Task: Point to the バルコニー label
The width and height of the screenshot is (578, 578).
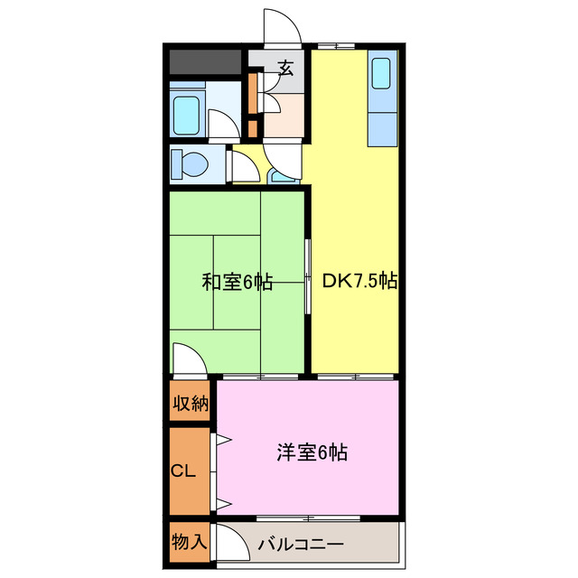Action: click(300, 545)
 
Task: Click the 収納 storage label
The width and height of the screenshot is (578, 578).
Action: click(191, 403)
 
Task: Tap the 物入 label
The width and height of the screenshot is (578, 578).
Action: click(190, 543)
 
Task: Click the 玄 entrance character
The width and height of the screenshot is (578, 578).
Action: click(285, 69)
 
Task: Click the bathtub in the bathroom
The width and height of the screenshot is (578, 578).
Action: click(189, 113)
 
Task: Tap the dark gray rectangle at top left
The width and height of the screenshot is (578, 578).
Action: click(205, 61)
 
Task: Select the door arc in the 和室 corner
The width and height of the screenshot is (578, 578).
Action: click(189, 358)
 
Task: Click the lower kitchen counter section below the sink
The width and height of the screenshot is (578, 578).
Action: click(381, 127)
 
